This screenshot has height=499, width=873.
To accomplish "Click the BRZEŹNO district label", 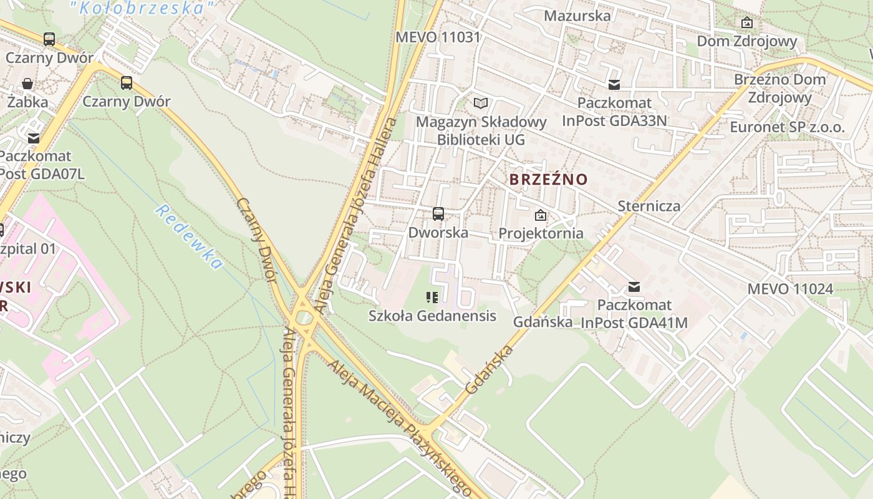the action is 548,180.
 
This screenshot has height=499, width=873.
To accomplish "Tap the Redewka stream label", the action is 189,236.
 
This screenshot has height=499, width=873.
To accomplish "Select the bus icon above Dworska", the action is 438,215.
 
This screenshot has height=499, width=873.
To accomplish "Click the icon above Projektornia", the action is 541,216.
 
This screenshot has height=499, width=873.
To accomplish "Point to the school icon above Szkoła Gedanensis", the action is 432,298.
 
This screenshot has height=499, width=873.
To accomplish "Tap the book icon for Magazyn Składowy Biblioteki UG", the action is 480,104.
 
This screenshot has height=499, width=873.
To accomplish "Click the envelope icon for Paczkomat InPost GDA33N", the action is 614,85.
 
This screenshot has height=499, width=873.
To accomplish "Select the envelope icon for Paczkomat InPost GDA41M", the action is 634,287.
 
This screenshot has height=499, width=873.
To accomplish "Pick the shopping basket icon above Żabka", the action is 27,84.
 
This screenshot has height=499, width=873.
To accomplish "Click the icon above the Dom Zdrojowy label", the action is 746,23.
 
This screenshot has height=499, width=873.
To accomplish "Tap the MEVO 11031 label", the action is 438,37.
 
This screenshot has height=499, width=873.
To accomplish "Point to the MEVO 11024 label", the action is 790,289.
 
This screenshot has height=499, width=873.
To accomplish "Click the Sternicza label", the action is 649,206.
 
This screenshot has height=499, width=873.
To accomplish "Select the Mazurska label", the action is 577,16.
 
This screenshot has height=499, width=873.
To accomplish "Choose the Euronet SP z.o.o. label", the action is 788,128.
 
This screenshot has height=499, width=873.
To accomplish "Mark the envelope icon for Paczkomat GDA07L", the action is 33,138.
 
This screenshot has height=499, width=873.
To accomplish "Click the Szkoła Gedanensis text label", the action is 432,316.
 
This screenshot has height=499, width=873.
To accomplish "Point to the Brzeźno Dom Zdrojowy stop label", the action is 779,88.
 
